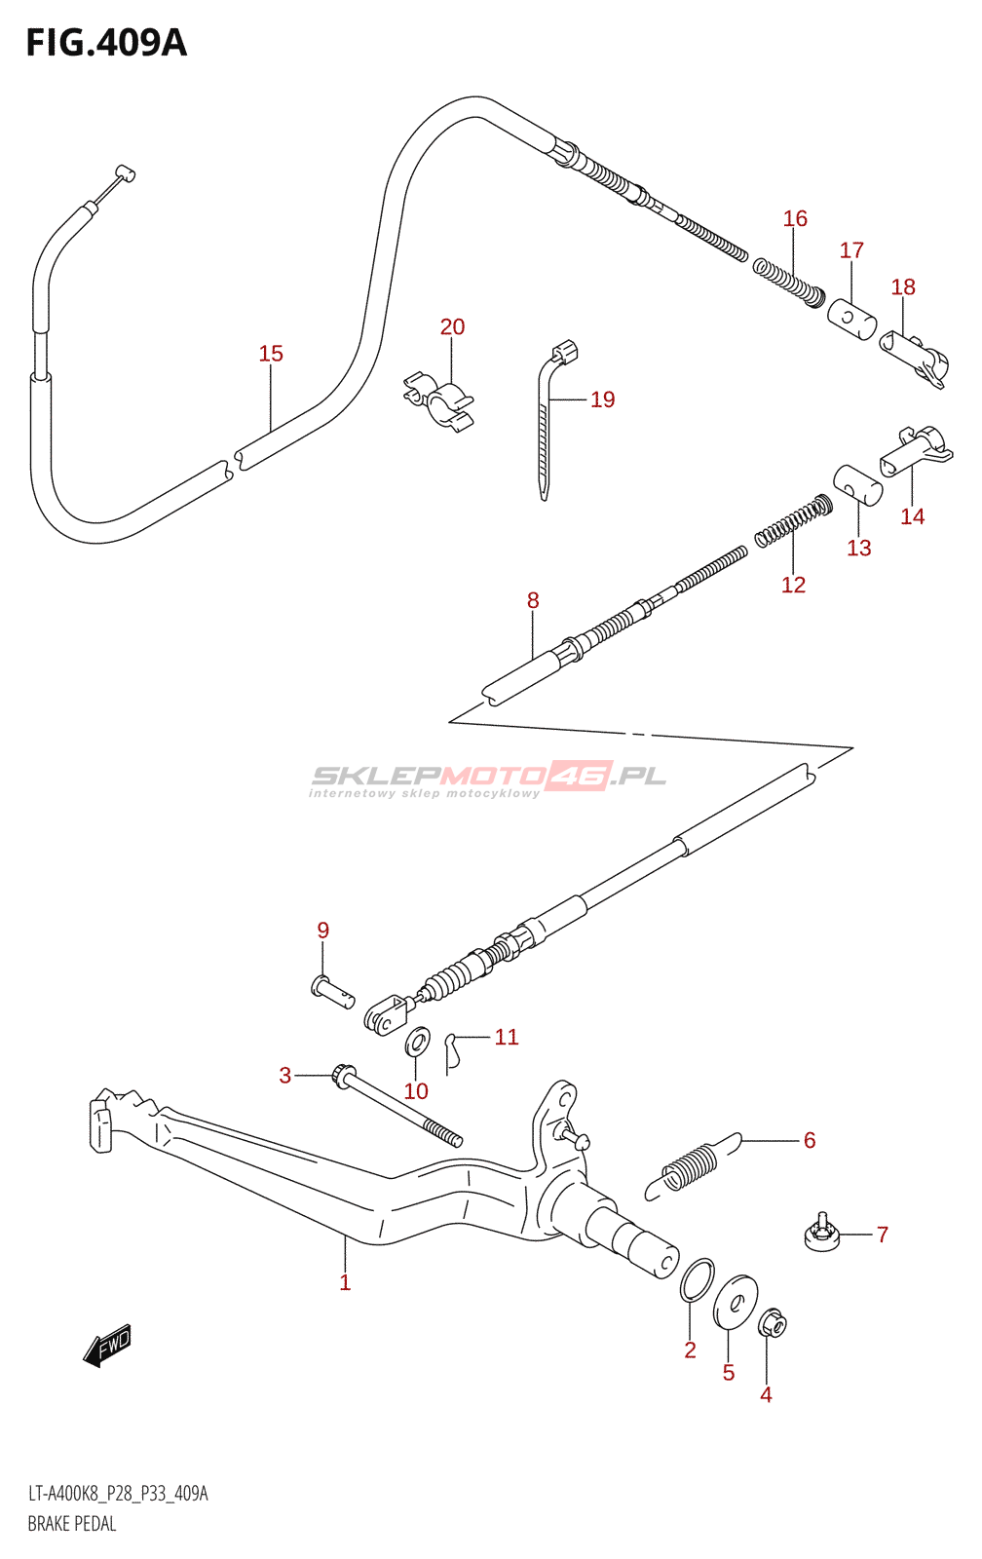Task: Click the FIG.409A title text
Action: [106, 43]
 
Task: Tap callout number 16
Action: [795, 218]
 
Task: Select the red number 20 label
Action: [452, 326]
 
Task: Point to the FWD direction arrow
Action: [106, 1345]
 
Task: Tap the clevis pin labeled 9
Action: [332, 991]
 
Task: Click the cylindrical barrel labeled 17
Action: [851, 319]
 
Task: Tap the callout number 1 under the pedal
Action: [345, 1282]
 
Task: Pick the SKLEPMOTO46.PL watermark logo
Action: [487, 779]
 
